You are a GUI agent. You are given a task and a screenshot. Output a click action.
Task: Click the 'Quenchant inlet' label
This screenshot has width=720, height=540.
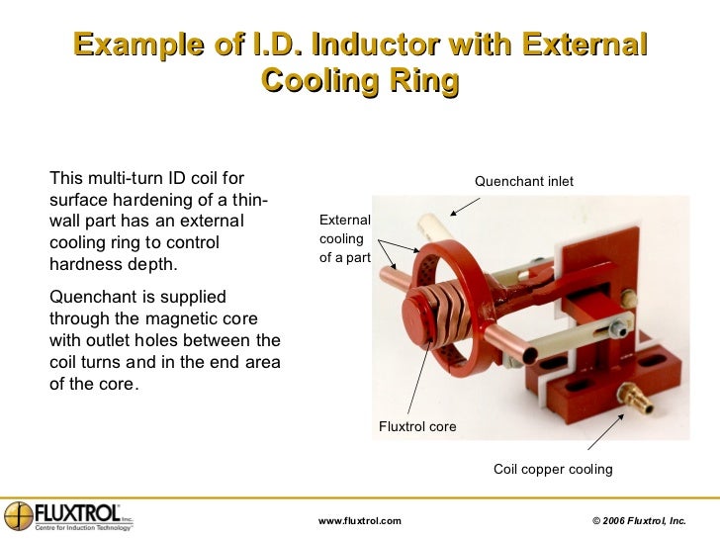[x=523, y=181]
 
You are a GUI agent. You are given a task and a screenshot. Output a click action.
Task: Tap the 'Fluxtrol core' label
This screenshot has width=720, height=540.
[x=417, y=426]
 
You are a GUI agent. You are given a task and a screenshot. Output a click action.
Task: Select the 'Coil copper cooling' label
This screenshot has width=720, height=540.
[x=553, y=469]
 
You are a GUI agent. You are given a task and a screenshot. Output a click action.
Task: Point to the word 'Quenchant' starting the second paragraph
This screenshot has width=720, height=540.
[x=88, y=298]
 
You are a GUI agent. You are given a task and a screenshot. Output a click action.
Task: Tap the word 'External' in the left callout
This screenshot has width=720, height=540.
[x=343, y=221]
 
